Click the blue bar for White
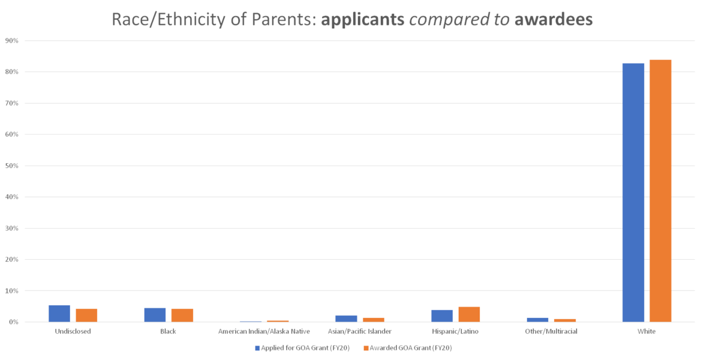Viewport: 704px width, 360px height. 633,192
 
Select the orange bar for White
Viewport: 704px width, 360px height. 660,190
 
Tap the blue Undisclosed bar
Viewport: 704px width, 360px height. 59,313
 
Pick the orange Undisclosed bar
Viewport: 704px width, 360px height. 86,315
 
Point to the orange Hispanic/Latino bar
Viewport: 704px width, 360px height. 469,314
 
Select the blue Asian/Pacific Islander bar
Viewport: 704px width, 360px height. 346,318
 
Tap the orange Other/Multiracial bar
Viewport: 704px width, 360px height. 565,320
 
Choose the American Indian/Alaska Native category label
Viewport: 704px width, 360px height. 264,331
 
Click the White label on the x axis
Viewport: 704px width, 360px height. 646,331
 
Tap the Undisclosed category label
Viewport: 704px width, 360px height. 73,331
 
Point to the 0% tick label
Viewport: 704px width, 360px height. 13,322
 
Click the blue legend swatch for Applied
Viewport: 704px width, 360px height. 257,347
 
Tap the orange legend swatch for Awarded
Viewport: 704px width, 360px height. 365,347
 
